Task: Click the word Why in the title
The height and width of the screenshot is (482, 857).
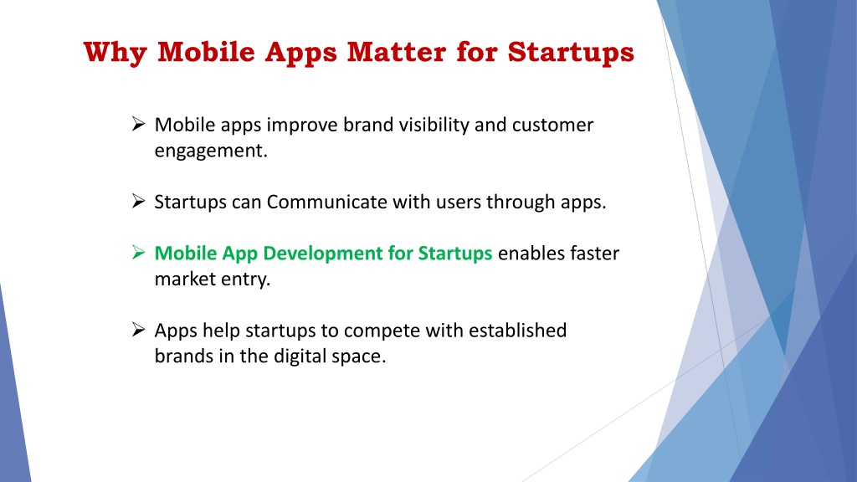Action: [x=115, y=53]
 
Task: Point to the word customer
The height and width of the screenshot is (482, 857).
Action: [x=552, y=126]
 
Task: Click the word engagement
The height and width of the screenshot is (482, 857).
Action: [x=211, y=151]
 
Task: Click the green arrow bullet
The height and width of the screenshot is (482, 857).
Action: [x=138, y=253]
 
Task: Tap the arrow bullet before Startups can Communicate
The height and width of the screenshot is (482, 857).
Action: [x=138, y=201]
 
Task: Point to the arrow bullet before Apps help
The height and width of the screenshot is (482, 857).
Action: [x=138, y=330]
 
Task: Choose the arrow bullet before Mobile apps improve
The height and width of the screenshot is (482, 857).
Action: [x=138, y=124]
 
